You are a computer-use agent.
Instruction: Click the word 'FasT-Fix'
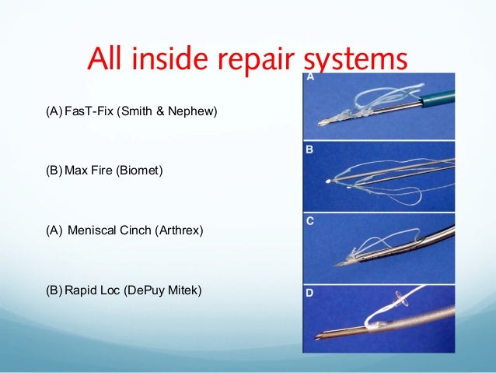tap(86, 114)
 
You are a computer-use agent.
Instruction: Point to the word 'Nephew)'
tap(197, 114)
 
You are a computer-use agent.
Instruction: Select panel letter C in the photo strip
tap(309, 222)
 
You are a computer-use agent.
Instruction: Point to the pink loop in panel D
tap(401, 298)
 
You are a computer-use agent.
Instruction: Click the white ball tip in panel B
tap(332, 181)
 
